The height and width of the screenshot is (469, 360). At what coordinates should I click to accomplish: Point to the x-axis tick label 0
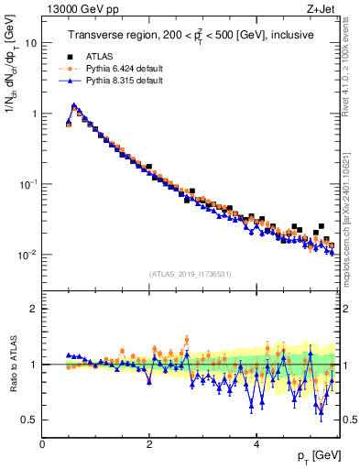click(x=43, y=445)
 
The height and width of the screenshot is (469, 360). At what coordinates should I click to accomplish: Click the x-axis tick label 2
click(x=149, y=445)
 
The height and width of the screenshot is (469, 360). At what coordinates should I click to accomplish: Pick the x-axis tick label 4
click(x=256, y=445)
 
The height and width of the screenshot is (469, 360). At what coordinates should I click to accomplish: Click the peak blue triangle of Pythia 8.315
click(x=73, y=105)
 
